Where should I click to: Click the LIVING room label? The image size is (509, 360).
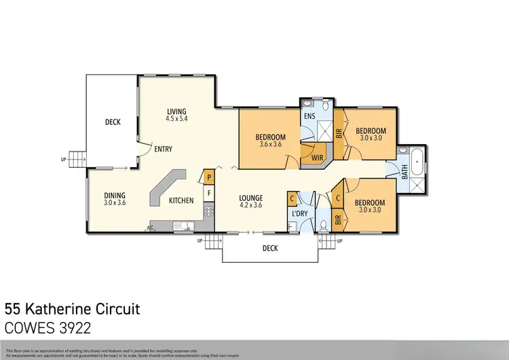pyautogui.click(x=176, y=111)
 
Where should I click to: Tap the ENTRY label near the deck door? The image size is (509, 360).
pyautogui.click(x=164, y=149)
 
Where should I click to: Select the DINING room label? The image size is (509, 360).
pyautogui.click(x=115, y=195)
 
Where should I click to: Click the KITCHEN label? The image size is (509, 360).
pyautogui.click(x=181, y=200)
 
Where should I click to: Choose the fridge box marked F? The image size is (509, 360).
pyautogui.click(x=209, y=193)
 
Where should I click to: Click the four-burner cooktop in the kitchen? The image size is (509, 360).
pyautogui.click(x=209, y=211)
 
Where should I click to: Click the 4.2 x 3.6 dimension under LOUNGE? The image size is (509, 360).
pyautogui.click(x=250, y=205)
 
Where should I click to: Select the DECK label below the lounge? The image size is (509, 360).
pyautogui.click(x=270, y=248)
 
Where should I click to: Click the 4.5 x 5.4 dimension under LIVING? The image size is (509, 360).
pyautogui.click(x=176, y=119)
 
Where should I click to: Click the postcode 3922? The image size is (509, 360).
pyautogui.click(x=73, y=327)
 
